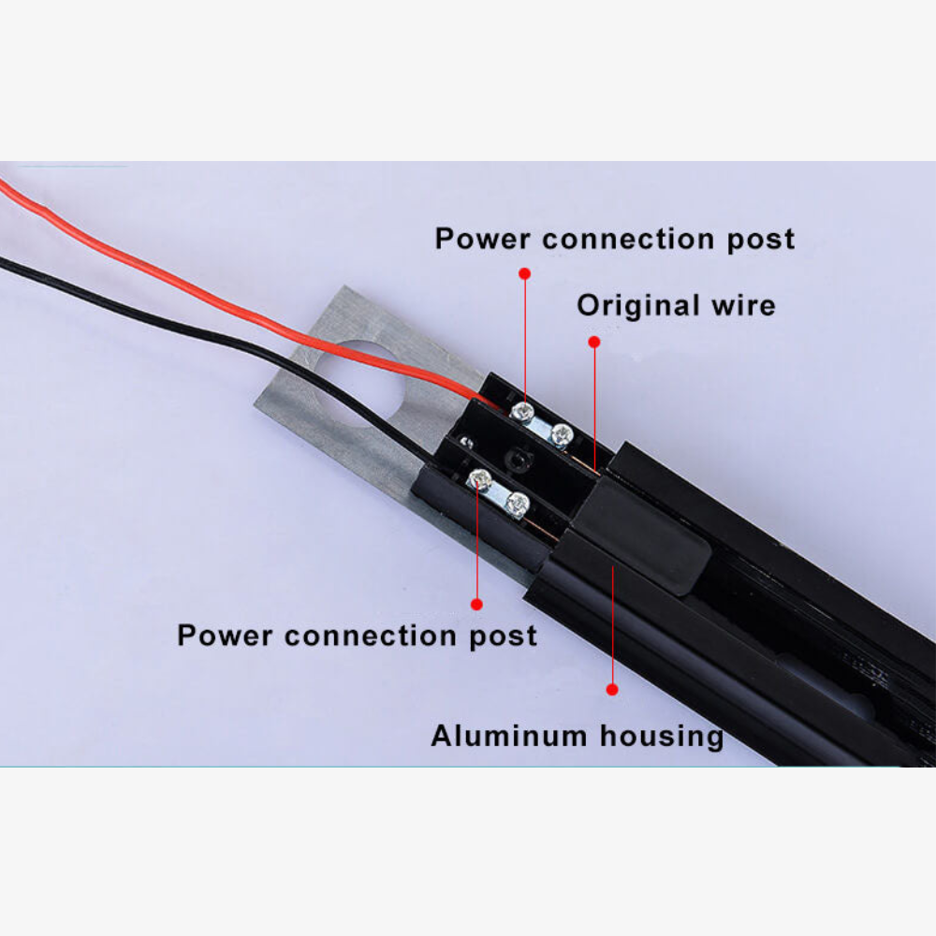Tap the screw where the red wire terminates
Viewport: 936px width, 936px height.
522,411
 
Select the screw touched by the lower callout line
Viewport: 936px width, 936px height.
480,478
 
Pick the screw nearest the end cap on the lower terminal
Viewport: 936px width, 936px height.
517,504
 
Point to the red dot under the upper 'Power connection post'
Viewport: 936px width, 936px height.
525,273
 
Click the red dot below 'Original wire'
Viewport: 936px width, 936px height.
594,342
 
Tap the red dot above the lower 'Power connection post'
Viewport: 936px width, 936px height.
476,604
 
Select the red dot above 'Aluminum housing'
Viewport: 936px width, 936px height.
612,690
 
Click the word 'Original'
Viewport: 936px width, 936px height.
638,306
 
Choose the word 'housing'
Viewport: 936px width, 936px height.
662,737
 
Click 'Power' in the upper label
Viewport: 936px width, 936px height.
482,239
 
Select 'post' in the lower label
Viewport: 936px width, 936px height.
504,636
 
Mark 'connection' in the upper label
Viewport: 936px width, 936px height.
628,239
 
